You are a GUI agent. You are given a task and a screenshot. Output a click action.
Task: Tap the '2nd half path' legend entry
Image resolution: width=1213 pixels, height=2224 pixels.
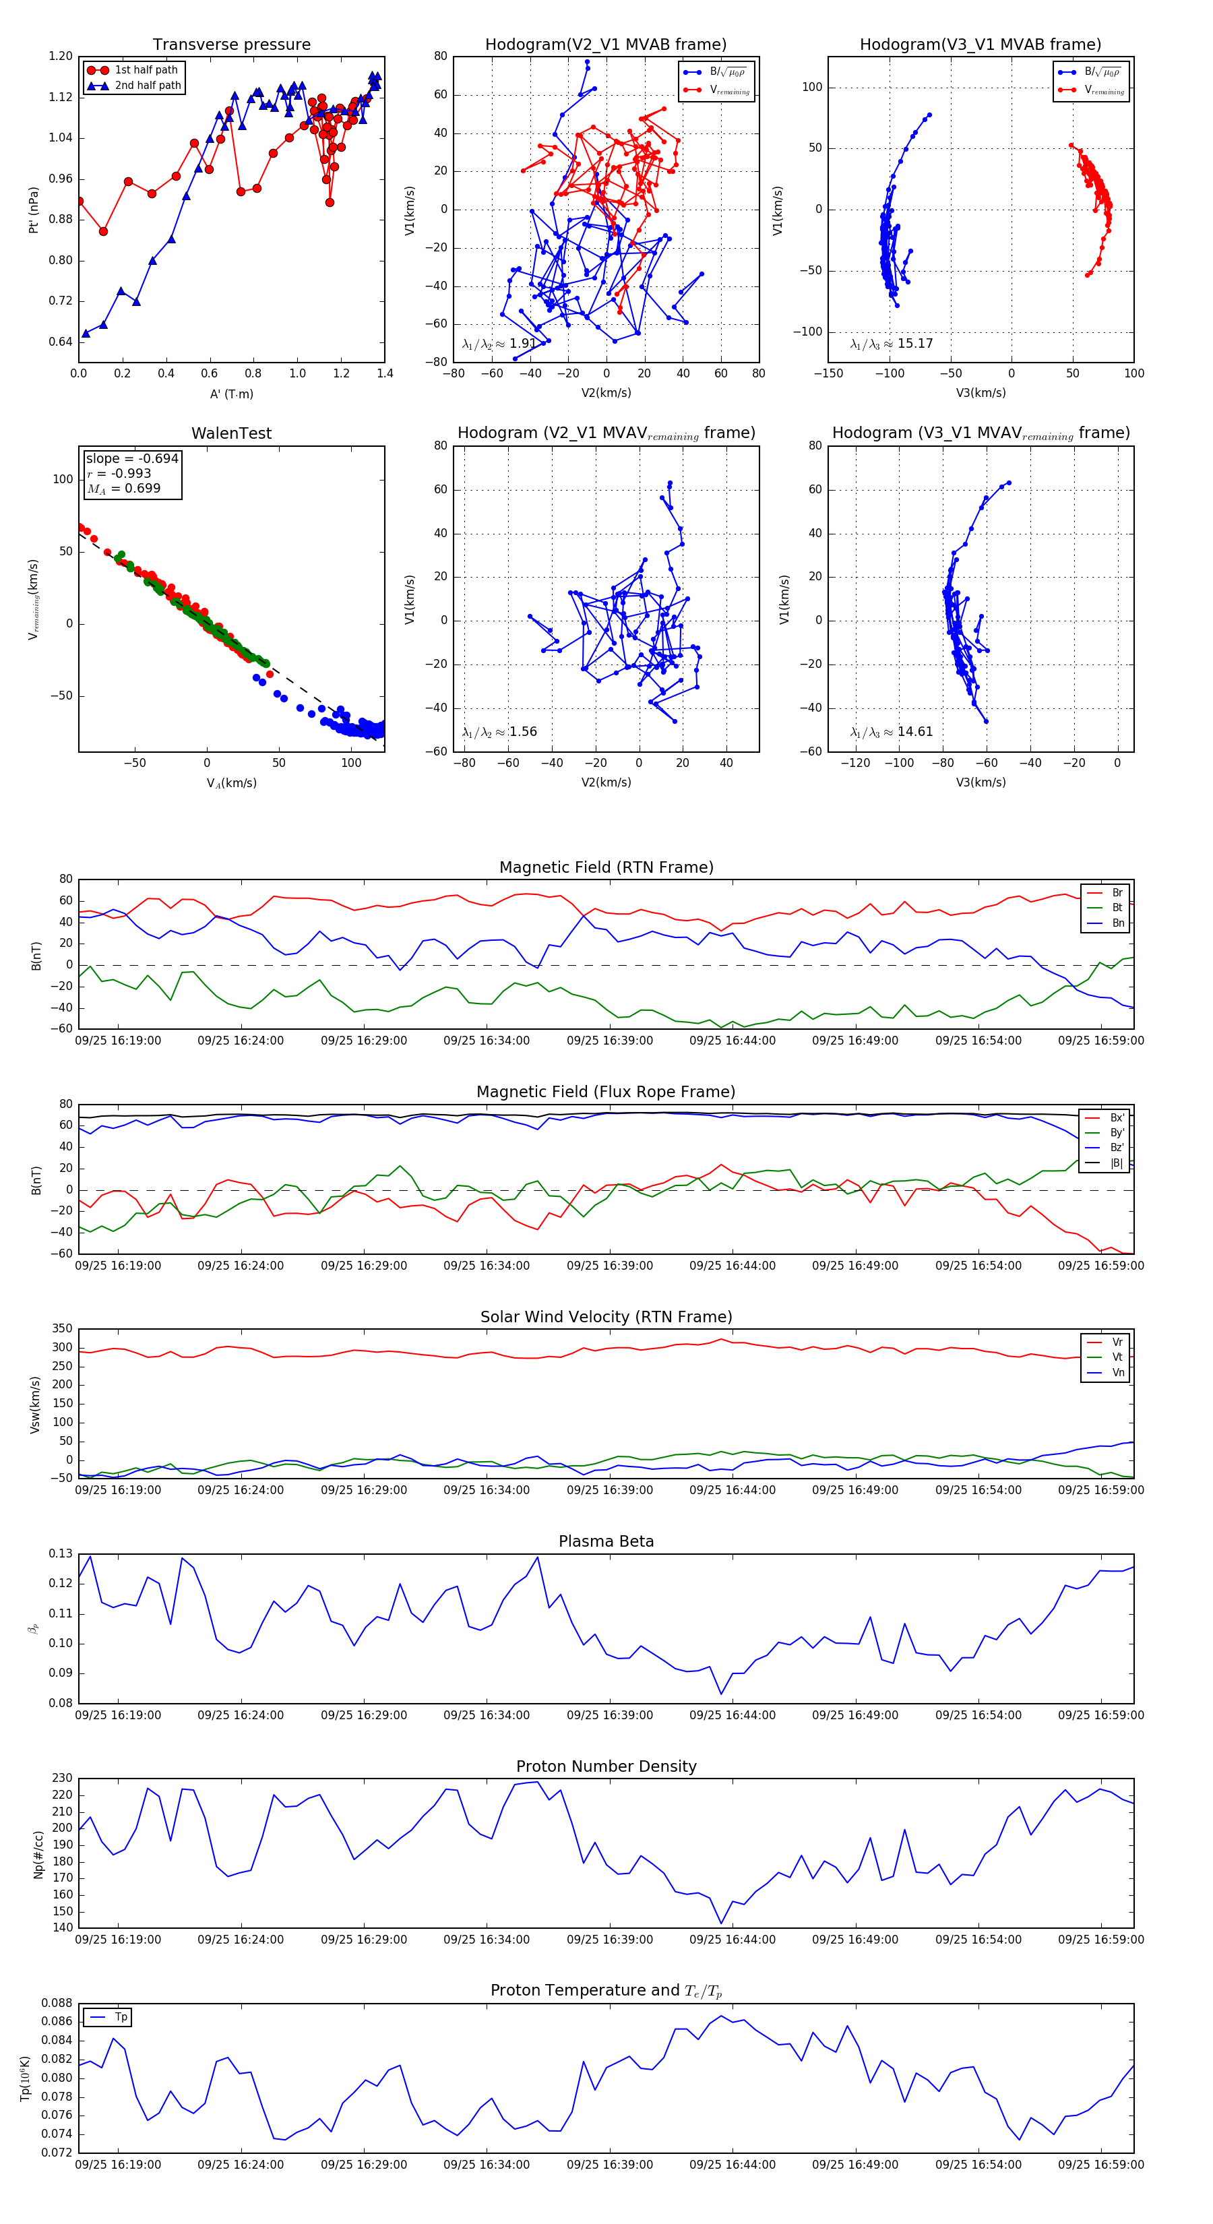point(148,86)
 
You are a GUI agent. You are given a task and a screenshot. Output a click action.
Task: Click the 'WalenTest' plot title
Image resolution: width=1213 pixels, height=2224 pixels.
point(231,433)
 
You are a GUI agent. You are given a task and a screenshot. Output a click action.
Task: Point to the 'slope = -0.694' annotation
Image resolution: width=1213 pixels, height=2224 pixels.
point(132,458)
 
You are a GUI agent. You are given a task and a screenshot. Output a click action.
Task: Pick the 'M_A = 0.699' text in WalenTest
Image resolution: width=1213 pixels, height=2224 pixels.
point(123,489)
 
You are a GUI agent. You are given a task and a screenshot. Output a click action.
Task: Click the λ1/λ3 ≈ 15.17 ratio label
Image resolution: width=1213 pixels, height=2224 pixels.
point(891,344)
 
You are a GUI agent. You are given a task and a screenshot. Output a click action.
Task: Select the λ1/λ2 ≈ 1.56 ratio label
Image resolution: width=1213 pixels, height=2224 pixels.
point(499,732)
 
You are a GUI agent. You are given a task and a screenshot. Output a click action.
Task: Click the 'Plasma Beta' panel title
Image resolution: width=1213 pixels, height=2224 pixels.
point(606,1542)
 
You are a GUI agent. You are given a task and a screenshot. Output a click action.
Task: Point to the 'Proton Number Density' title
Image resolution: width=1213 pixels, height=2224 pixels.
point(606,1766)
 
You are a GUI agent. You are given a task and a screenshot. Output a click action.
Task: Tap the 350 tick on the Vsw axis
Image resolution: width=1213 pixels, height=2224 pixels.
point(62,1329)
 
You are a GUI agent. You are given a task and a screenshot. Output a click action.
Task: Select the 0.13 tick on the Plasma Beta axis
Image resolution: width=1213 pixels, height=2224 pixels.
point(61,1554)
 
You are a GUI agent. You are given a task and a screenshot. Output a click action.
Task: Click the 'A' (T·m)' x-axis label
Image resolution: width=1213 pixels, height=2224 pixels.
point(231,394)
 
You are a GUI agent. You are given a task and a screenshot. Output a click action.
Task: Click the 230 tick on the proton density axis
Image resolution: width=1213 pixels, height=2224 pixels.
point(62,1779)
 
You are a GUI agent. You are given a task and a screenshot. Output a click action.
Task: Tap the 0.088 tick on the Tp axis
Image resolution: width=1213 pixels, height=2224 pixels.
point(58,2003)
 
